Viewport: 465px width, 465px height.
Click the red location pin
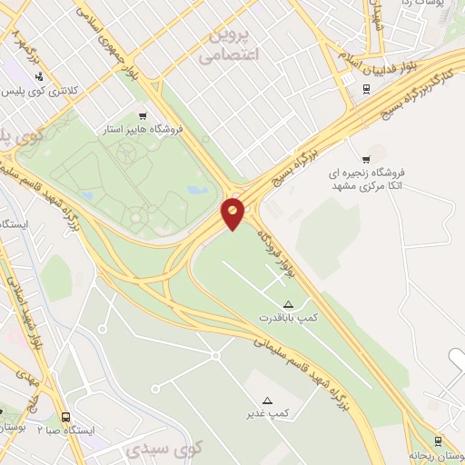click(x=233, y=213)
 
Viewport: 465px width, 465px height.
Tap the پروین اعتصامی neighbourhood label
click(x=229, y=45)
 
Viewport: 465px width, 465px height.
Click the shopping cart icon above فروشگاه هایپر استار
click(x=143, y=115)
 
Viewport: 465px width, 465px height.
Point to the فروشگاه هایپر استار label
click(x=144, y=130)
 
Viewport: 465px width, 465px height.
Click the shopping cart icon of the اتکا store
click(x=365, y=160)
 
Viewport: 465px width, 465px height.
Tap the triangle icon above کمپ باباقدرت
click(x=289, y=304)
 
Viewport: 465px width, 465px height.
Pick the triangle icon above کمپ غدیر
click(x=267, y=400)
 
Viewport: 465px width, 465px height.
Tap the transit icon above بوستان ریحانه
click(x=438, y=441)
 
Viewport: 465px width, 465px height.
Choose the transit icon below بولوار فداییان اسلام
click(x=365, y=89)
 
